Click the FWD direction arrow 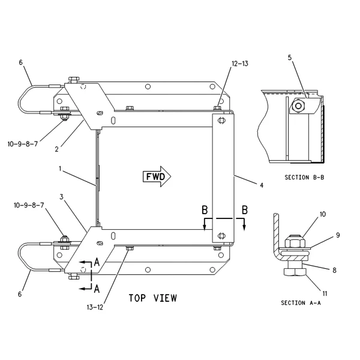click(x=157, y=176)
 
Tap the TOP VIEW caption click(x=153, y=298)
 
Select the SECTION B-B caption click(x=304, y=178)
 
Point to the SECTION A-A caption click(x=301, y=303)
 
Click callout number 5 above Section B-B click(x=290, y=58)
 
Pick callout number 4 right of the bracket click(x=262, y=185)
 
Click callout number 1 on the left click(x=60, y=169)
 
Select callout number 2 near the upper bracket click(x=57, y=149)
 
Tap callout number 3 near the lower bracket click(x=61, y=197)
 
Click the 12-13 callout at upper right click(x=240, y=64)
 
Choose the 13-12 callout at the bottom click(x=95, y=307)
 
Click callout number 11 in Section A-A click(x=325, y=293)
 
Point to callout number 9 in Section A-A click(x=338, y=235)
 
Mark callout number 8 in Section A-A click(x=334, y=270)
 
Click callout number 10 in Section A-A click(x=323, y=214)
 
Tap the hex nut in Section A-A click(x=295, y=242)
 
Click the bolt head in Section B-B click(x=298, y=106)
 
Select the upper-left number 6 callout click(x=20, y=62)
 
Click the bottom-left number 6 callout click(x=20, y=294)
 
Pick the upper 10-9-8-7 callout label click(x=23, y=144)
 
